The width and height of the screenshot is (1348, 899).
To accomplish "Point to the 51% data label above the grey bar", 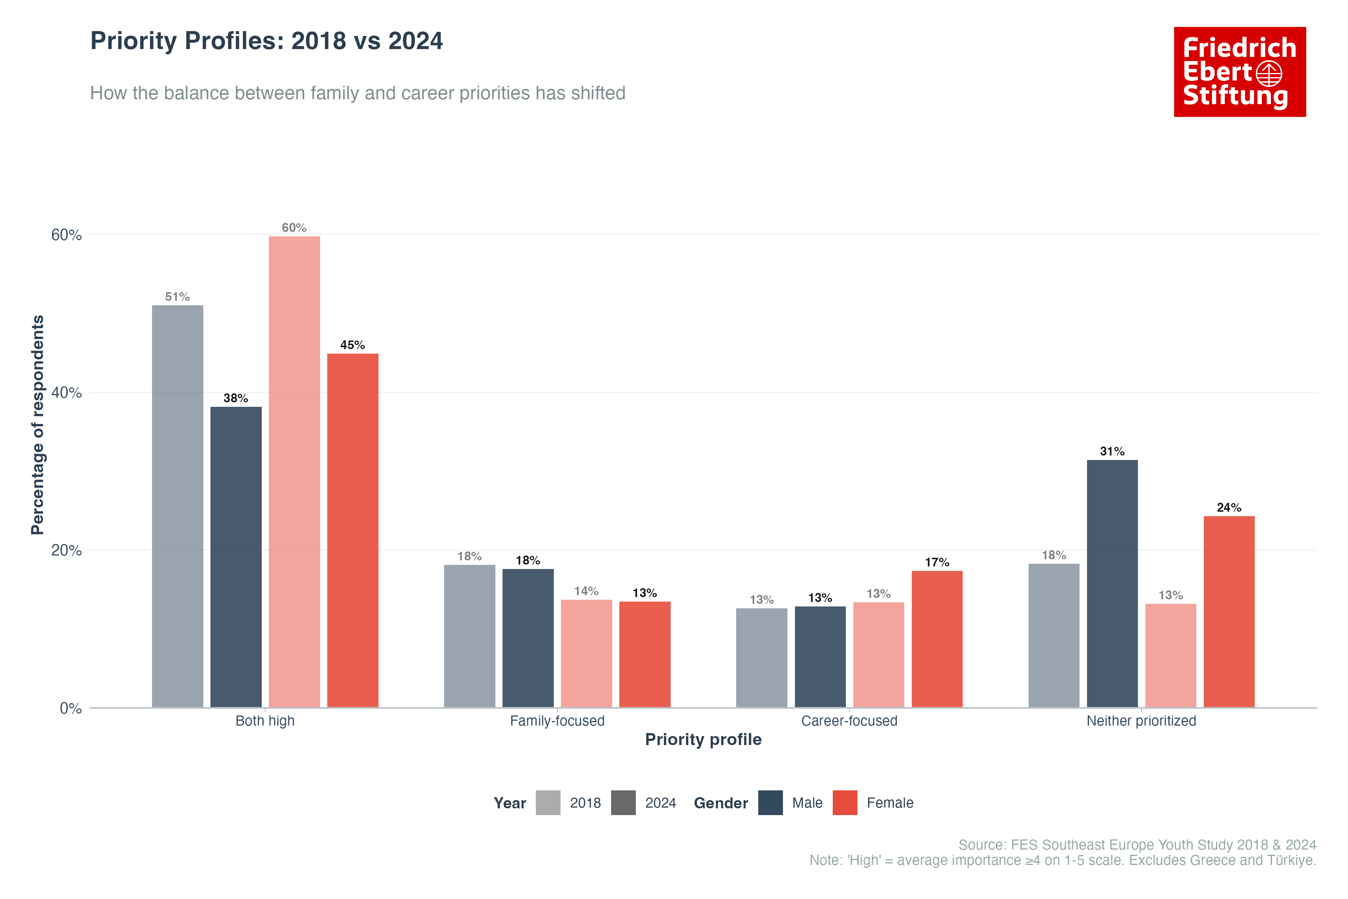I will coord(177,296).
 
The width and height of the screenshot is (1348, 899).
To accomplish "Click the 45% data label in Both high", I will coord(352,345).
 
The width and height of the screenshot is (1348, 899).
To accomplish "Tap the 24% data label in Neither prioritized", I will coord(1229,508).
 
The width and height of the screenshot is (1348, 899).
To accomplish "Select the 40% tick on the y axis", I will coord(67,393).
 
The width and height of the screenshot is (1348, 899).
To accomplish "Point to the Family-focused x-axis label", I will coord(557,721).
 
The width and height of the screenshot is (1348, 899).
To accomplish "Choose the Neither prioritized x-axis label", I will coord(1141,721).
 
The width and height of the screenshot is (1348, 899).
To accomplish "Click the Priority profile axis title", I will coord(703,739).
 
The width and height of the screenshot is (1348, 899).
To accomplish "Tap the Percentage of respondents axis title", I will coord(37,424).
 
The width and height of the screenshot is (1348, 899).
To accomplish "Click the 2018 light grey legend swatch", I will coord(548,803).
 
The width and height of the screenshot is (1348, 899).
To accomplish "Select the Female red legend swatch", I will coord(845,803).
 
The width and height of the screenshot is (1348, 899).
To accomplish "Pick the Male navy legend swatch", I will coord(770,803).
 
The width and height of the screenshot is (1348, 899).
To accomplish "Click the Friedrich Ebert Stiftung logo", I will coord(1240,72).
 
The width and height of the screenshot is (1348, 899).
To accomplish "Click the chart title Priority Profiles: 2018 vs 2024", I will coord(267,41).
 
